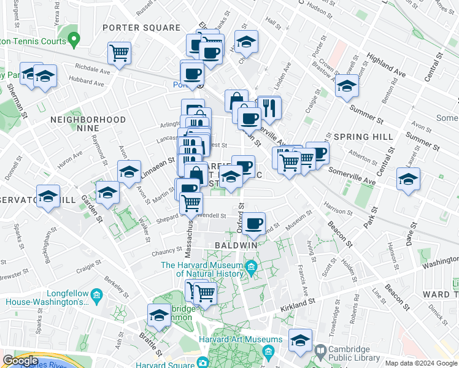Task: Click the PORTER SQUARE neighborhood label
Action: click(142, 28)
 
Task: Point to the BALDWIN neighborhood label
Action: click(236, 245)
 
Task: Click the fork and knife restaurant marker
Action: click(269, 108)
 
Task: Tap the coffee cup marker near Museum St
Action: click(253, 223)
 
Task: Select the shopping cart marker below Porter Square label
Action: click(119, 52)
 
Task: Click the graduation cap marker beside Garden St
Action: click(107, 193)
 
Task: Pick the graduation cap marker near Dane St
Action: click(408, 178)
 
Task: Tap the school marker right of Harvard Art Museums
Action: click(300, 340)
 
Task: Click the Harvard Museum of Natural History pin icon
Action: click(250, 267)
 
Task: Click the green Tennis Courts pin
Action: click(74, 40)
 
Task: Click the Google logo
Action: click(20, 361)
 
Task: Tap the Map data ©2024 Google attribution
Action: click(421, 363)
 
